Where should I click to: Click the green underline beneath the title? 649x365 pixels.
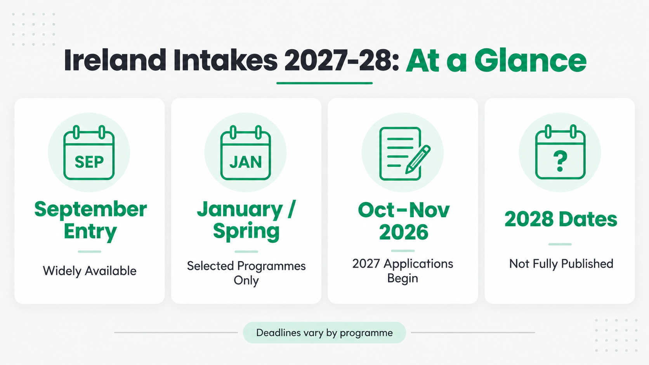tap(324, 83)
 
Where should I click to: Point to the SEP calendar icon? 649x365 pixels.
tap(89, 152)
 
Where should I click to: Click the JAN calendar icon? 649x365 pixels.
tap(246, 152)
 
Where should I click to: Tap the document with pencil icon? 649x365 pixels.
tap(404, 154)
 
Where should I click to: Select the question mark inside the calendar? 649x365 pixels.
tap(560, 161)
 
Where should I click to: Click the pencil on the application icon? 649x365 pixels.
tap(418, 159)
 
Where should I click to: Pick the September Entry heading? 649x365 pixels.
tap(90, 220)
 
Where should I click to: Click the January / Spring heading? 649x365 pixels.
tap(246, 220)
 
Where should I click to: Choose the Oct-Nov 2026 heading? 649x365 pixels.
tap(404, 221)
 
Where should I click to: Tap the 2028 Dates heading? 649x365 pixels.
tap(560, 219)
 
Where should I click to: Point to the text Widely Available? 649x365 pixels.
tap(90, 271)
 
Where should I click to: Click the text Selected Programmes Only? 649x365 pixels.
tap(246, 273)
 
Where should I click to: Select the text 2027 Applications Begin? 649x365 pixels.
tap(403, 271)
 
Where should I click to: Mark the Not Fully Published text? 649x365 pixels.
tap(561, 264)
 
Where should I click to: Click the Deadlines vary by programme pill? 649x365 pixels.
tap(324, 332)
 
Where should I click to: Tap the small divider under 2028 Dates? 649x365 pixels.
tap(560, 244)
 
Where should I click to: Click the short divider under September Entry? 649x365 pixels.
tap(90, 251)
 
